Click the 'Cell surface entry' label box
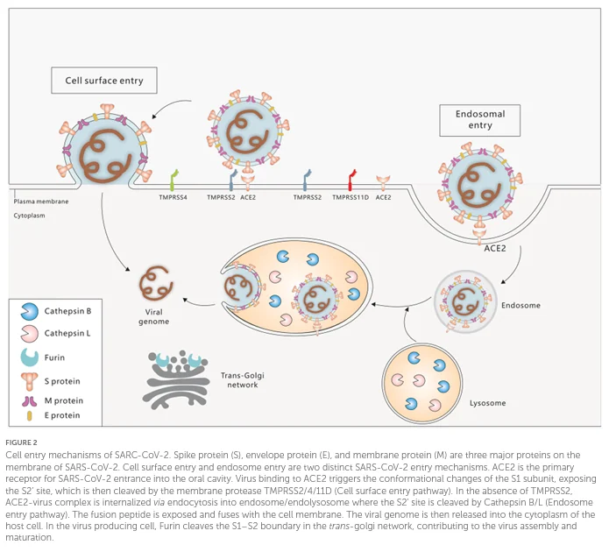[x=104, y=81]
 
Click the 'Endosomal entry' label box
[x=479, y=120]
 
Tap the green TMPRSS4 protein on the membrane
[x=173, y=180]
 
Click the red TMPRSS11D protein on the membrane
[x=352, y=180]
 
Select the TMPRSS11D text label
[x=351, y=197]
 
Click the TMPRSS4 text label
[x=173, y=197]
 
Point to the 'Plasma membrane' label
[x=41, y=202]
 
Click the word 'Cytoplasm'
[x=29, y=216]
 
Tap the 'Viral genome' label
[x=154, y=316]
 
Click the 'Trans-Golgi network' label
[x=243, y=380]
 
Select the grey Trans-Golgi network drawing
[x=176, y=379]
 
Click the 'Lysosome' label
[x=487, y=403]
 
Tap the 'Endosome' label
[x=520, y=305]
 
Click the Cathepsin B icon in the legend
[x=30, y=311]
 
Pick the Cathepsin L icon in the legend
[x=30, y=333]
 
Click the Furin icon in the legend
[x=30, y=357]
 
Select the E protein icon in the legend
[x=29, y=415]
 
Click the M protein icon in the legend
[x=30, y=401]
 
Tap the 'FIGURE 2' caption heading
[x=21, y=442]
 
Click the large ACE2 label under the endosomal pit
[x=495, y=248]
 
